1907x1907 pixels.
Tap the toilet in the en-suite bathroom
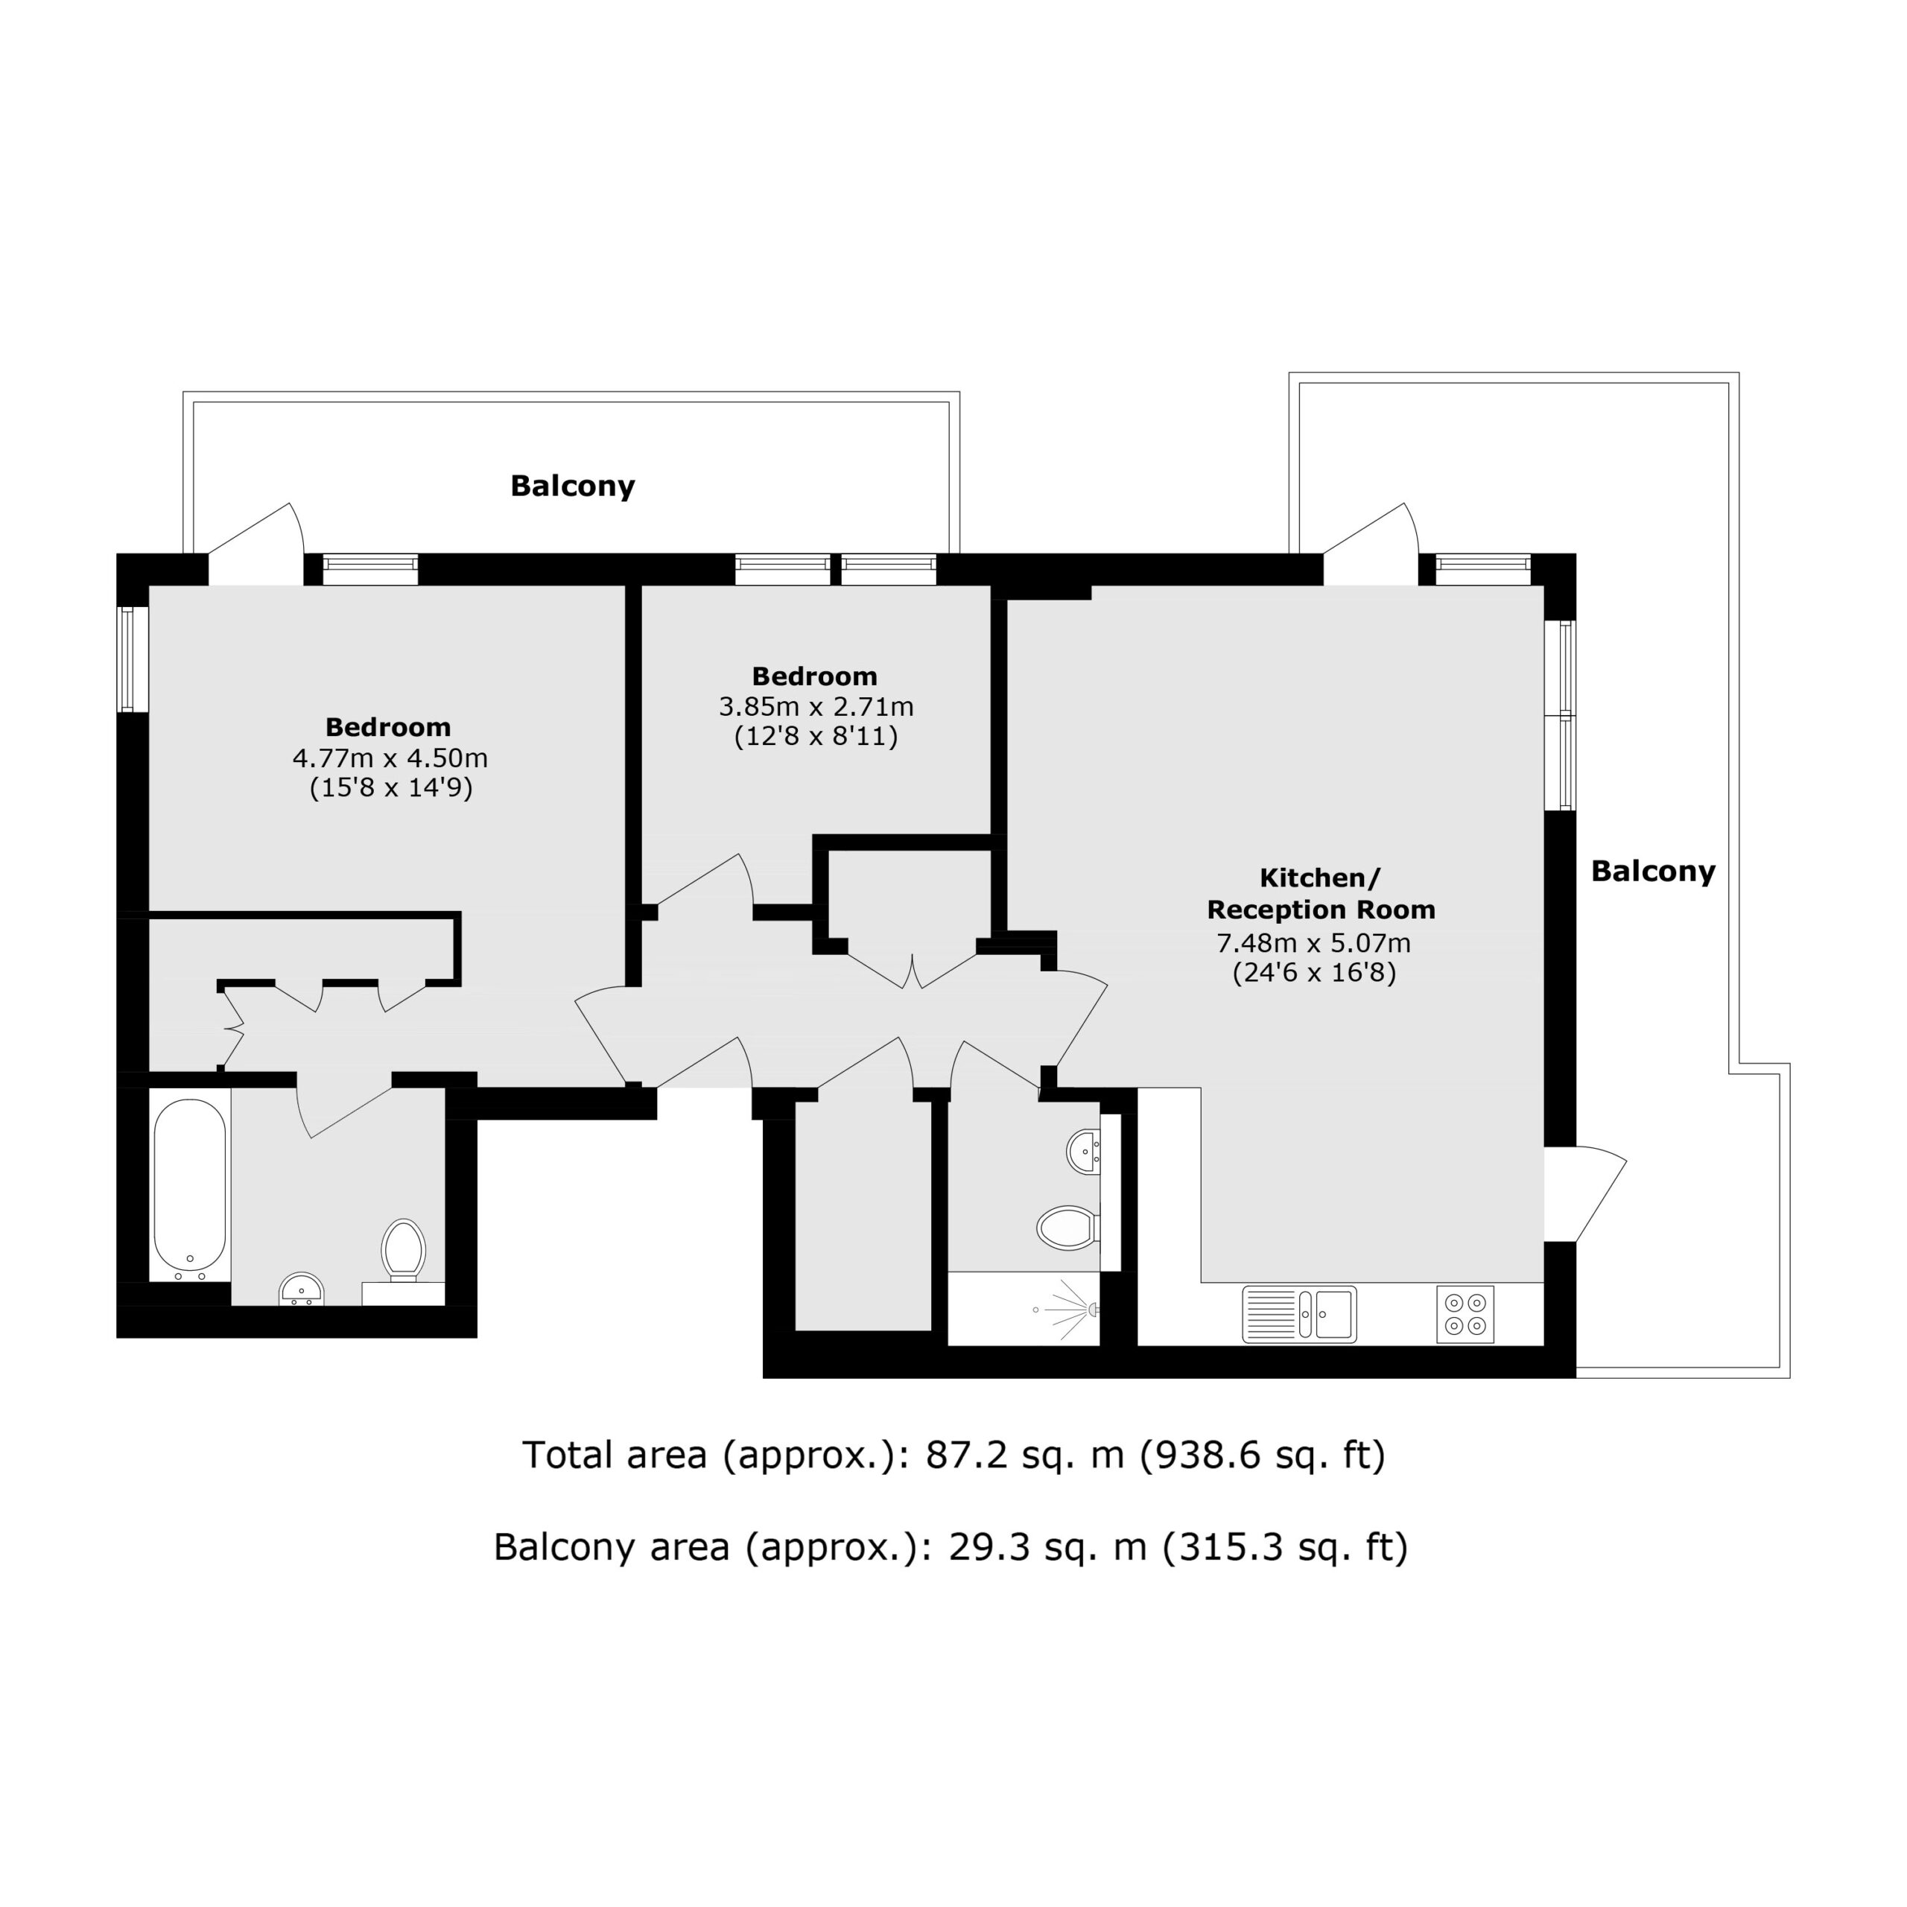tap(404, 1251)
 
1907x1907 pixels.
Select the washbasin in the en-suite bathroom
tap(302, 1289)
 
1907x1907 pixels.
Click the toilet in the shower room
tap(1069, 1228)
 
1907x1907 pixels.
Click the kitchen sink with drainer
tap(1299, 1314)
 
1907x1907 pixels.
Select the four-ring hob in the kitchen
tap(1465, 1314)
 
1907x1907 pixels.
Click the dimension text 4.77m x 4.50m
tap(390, 758)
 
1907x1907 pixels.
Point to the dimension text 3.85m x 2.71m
tap(816, 707)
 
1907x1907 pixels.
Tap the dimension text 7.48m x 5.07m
tap(1314, 942)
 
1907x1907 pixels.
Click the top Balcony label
tap(573, 486)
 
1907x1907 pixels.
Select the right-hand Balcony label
tap(1653, 871)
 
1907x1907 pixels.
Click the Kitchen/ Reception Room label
tap(1321, 893)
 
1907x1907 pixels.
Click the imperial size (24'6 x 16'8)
tap(1314, 974)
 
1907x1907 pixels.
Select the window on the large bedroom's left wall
tap(133, 659)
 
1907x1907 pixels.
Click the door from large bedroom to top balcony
tap(255, 543)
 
